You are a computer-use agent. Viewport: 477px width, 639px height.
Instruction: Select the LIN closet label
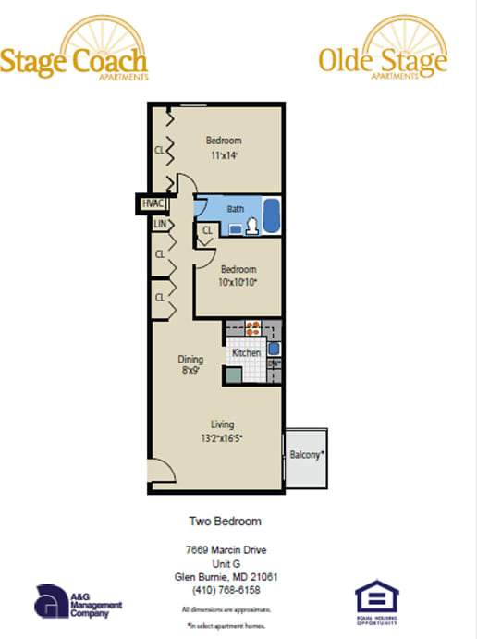pyautogui.click(x=159, y=225)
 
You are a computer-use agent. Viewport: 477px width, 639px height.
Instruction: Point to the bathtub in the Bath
pyautogui.click(x=272, y=216)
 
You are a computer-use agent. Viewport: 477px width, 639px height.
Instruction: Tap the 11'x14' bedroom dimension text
pyautogui.click(x=223, y=155)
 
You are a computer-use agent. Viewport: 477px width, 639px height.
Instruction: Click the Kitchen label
pyautogui.click(x=246, y=353)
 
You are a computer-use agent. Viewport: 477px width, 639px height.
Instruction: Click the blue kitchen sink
pyautogui.click(x=274, y=349)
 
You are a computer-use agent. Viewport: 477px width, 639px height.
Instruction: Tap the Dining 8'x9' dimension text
pyautogui.click(x=190, y=372)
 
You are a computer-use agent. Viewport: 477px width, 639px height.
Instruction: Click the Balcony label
pyautogui.click(x=306, y=455)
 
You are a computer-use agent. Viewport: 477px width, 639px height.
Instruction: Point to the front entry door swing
pyautogui.click(x=161, y=473)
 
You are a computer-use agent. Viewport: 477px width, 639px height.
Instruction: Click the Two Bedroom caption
pyautogui.click(x=226, y=522)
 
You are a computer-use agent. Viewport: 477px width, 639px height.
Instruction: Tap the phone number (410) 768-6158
pyautogui.click(x=226, y=589)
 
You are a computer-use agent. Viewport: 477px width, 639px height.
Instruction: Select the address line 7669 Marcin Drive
pyautogui.click(x=226, y=550)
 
